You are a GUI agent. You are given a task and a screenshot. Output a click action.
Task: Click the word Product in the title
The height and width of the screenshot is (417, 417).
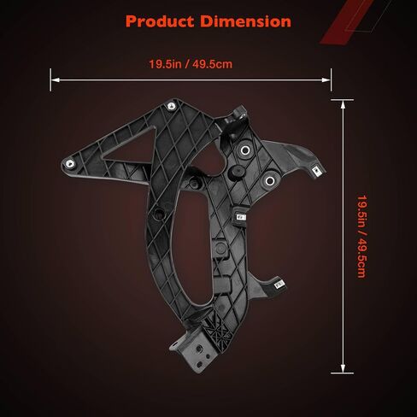(160, 21)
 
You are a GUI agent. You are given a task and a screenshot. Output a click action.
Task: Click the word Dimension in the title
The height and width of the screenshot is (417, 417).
(245, 21)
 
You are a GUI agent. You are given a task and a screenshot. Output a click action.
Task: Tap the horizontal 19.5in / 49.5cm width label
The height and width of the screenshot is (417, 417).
(191, 64)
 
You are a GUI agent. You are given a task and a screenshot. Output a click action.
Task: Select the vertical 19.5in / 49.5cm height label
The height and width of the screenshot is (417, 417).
(361, 237)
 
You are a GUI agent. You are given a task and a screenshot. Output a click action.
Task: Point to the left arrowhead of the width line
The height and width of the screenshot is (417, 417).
(55, 80)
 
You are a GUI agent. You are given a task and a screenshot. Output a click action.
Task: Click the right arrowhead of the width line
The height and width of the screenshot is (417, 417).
(326, 80)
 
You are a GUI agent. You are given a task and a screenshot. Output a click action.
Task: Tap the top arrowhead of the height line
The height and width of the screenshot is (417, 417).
(343, 105)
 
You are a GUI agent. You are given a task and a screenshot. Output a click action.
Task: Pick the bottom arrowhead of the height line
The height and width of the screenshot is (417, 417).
(343, 368)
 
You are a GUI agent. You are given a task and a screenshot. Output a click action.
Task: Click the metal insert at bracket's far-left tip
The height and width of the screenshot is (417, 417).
(69, 163)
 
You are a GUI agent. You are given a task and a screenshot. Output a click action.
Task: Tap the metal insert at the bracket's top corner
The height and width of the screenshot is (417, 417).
(172, 106)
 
